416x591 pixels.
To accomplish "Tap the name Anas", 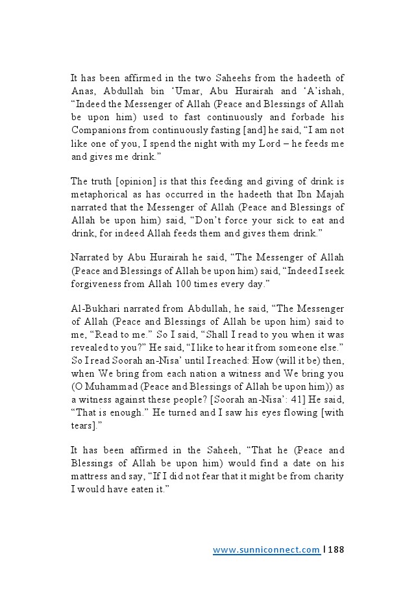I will click(x=82, y=92).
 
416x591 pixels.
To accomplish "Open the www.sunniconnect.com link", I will click(x=266, y=549).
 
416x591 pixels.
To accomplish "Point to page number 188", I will click(x=336, y=549).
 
